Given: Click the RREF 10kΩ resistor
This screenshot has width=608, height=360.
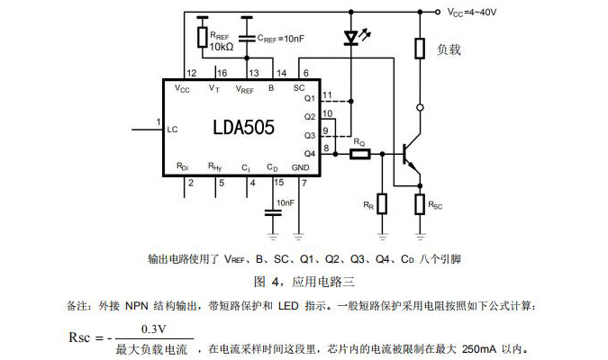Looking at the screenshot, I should tap(202, 36).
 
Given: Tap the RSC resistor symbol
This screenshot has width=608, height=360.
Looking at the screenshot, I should tap(420, 204).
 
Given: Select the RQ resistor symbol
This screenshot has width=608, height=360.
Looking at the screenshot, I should tap(359, 154).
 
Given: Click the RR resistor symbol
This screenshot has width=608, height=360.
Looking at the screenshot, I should tap(382, 203).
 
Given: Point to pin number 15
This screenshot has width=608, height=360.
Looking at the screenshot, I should tap(278, 183).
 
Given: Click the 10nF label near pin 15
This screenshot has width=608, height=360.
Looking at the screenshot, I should tap(286, 203).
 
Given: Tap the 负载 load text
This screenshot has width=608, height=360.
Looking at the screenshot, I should tap(449, 49).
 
